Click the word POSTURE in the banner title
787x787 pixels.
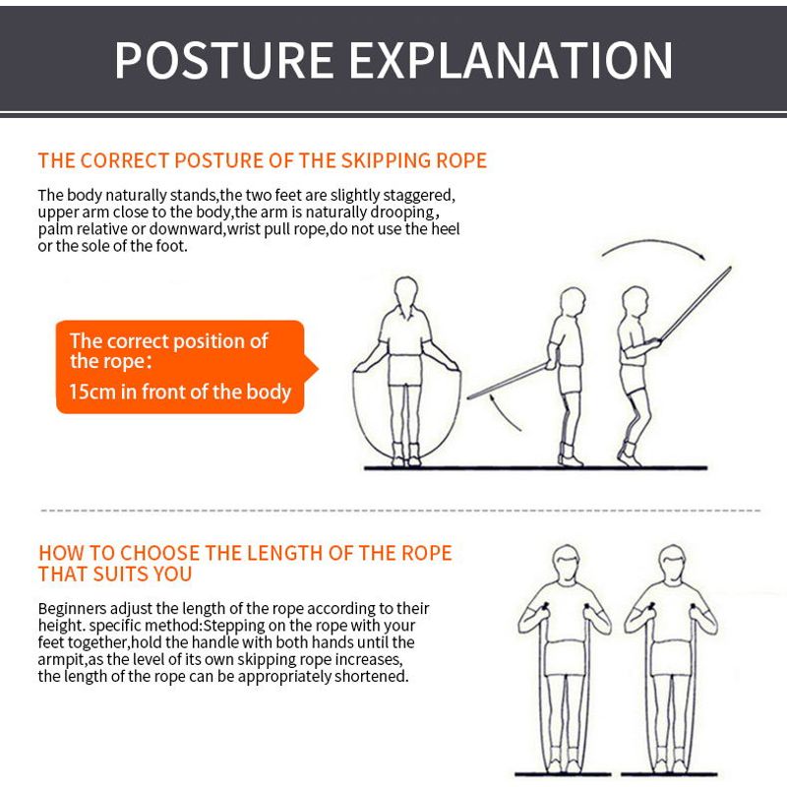pyautogui.click(x=224, y=60)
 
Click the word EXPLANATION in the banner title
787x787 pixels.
pyautogui.click(x=511, y=60)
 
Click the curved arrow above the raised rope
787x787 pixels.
pyautogui.click(x=652, y=241)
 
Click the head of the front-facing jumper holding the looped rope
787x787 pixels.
pyautogui.click(x=405, y=291)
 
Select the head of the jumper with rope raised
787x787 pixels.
pyautogui.click(x=635, y=301)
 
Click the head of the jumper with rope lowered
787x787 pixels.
pyautogui.click(x=573, y=301)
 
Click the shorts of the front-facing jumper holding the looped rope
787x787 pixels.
pyautogui.click(x=405, y=371)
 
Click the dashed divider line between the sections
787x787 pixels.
pyautogui.click(x=400, y=511)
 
